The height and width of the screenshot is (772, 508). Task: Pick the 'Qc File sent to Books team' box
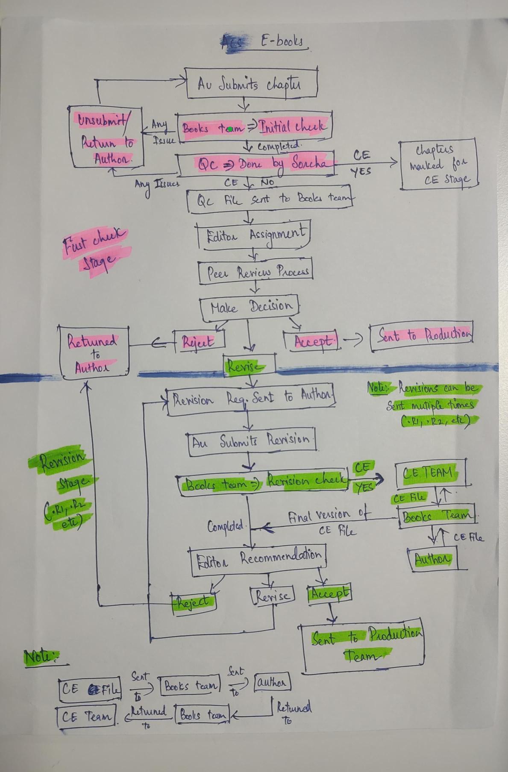pos(270,199)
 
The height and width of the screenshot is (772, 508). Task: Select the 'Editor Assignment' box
pos(254,235)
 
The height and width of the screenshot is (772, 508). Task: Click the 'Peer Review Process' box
pos(255,271)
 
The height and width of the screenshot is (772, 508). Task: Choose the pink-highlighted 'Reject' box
pos(198,341)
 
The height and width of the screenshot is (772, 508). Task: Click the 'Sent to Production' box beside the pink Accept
pos(421,335)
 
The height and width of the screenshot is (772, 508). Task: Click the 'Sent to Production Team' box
pos(363,646)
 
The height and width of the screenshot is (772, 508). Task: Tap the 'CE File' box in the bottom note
pos(90,689)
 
